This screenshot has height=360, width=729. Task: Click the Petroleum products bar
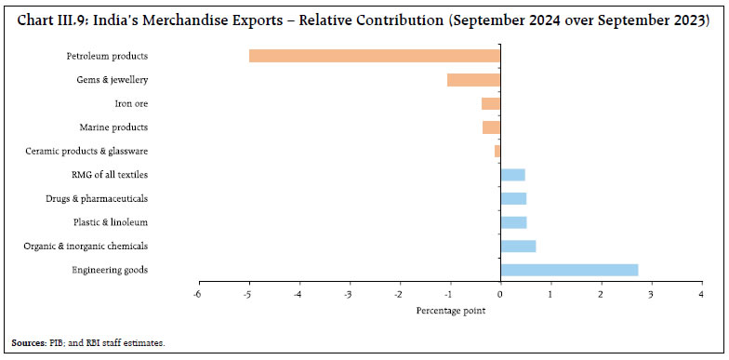(375, 56)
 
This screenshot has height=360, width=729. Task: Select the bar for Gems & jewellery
(473, 80)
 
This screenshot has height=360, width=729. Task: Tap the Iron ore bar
(491, 103)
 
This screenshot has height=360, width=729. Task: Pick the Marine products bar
(491, 127)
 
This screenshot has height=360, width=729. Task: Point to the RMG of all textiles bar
(512, 175)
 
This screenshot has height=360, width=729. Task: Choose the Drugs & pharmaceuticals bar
(513, 198)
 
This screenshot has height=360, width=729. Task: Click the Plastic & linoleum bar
(513, 222)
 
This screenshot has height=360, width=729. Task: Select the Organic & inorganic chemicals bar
(518, 246)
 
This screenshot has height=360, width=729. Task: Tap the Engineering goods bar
(569, 270)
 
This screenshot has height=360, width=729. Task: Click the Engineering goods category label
(110, 270)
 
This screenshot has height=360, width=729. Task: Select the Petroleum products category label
(109, 56)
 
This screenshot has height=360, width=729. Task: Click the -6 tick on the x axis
(197, 295)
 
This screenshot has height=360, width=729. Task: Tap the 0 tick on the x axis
(500, 295)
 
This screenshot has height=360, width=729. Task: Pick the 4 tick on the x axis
(701, 295)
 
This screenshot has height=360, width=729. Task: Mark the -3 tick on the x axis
(348, 295)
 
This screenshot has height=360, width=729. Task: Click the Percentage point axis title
(450, 310)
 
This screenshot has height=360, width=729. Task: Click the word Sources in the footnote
(29, 343)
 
